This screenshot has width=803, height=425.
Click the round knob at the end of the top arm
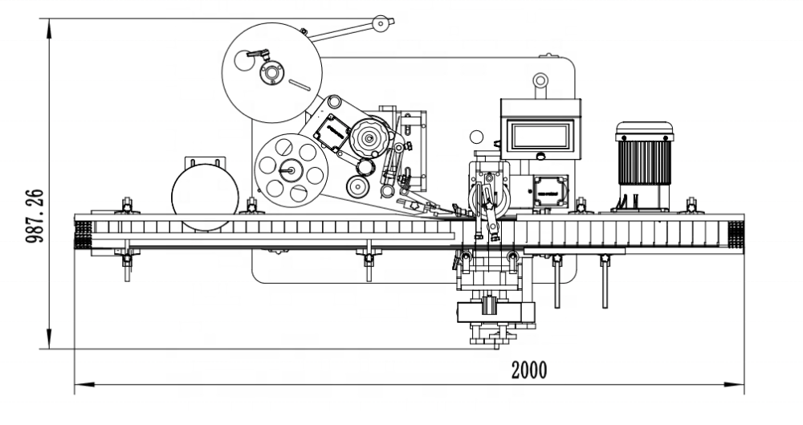[x=380, y=24]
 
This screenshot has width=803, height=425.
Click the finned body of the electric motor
[x=644, y=160]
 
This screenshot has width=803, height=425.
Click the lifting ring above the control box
[x=540, y=80]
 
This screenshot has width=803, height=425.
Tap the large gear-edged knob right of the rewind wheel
[x=369, y=139]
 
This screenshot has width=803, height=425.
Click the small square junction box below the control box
[x=550, y=192]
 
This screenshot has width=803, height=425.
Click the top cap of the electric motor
[x=644, y=129]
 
